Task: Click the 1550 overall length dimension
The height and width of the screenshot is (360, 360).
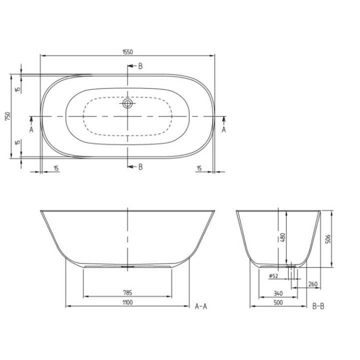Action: [127, 51]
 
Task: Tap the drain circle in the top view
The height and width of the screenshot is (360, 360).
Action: [128, 104]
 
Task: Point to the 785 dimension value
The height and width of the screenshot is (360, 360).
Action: [128, 293]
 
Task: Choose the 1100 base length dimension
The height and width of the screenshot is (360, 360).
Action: [128, 302]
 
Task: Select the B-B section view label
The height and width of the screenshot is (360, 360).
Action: [318, 306]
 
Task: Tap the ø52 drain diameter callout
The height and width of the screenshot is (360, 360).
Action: [273, 275]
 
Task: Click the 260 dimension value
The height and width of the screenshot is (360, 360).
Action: [313, 284]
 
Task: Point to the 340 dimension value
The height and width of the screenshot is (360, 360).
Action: [279, 293]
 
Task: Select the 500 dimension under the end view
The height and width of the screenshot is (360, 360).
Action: [278, 302]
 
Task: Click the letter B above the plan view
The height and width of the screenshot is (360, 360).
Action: [140, 66]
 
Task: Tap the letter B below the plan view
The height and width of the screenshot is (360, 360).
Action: [140, 167]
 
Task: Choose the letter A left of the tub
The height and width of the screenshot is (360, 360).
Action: [31, 129]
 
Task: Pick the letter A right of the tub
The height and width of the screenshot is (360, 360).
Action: [223, 129]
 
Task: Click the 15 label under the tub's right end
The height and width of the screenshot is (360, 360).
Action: [199, 168]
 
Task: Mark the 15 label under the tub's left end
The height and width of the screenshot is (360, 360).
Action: [56, 168]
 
